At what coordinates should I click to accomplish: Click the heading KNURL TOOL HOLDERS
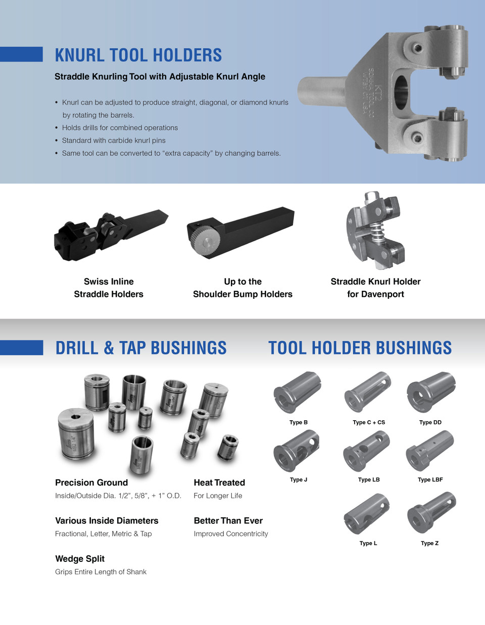(138, 55)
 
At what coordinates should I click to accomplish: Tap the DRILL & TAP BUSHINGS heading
(141, 348)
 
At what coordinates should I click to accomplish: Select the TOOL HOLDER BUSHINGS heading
(360, 348)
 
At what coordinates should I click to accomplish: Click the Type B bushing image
(297, 392)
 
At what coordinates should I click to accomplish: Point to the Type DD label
(430, 422)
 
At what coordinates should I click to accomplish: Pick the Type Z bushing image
(431, 512)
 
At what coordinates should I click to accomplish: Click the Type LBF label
(430, 479)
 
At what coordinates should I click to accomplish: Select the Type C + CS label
(368, 422)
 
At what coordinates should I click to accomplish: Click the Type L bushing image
(367, 514)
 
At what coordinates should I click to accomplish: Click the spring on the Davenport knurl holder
(376, 233)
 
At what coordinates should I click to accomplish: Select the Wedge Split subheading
(80, 559)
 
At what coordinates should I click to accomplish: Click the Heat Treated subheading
(219, 482)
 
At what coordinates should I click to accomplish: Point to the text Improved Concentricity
(231, 533)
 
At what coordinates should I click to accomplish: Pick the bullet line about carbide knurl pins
(114, 140)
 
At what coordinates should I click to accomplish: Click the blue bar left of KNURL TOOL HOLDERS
(21, 54)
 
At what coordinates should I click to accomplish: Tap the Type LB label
(368, 479)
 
